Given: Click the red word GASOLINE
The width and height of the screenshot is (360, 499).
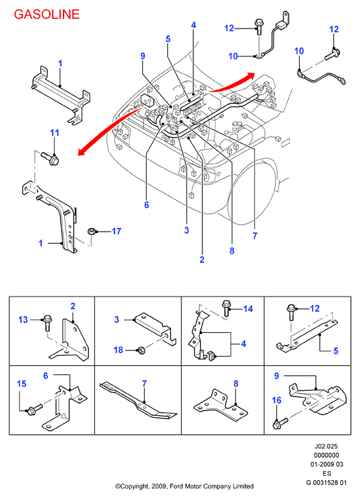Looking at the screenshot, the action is [x=47, y=14].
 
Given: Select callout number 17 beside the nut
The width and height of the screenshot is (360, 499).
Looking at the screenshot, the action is [x=116, y=231].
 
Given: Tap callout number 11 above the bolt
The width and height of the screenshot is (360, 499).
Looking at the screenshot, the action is [x=54, y=132].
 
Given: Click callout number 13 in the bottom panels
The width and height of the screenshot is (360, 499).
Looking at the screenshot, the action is [x=23, y=319].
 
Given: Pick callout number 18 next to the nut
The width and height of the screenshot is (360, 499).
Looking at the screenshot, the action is [x=118, y=350].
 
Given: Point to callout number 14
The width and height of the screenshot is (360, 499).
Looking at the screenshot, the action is [x=248, y=309].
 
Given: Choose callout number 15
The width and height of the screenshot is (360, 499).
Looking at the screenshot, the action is [x=21, y=383].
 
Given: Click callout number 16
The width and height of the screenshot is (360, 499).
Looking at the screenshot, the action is [x=277, y=400].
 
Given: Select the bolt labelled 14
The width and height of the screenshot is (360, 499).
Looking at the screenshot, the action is [x=226, y=308].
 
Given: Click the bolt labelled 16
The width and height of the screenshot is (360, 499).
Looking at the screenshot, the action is [x=280, y=423].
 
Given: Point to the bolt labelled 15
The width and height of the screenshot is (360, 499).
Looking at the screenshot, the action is [x=34, y=409].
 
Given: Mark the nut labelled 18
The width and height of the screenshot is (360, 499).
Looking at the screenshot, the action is [x=140, y=350].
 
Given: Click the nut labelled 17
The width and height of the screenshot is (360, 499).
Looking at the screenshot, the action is [x=91, y=231].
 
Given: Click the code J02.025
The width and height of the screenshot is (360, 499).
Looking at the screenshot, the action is [x=326, y=446].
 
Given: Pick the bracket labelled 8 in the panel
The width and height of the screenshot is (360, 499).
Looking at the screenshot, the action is [x=221, y=406].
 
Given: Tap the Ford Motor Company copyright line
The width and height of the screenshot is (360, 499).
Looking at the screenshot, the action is [x=184, y=486].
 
